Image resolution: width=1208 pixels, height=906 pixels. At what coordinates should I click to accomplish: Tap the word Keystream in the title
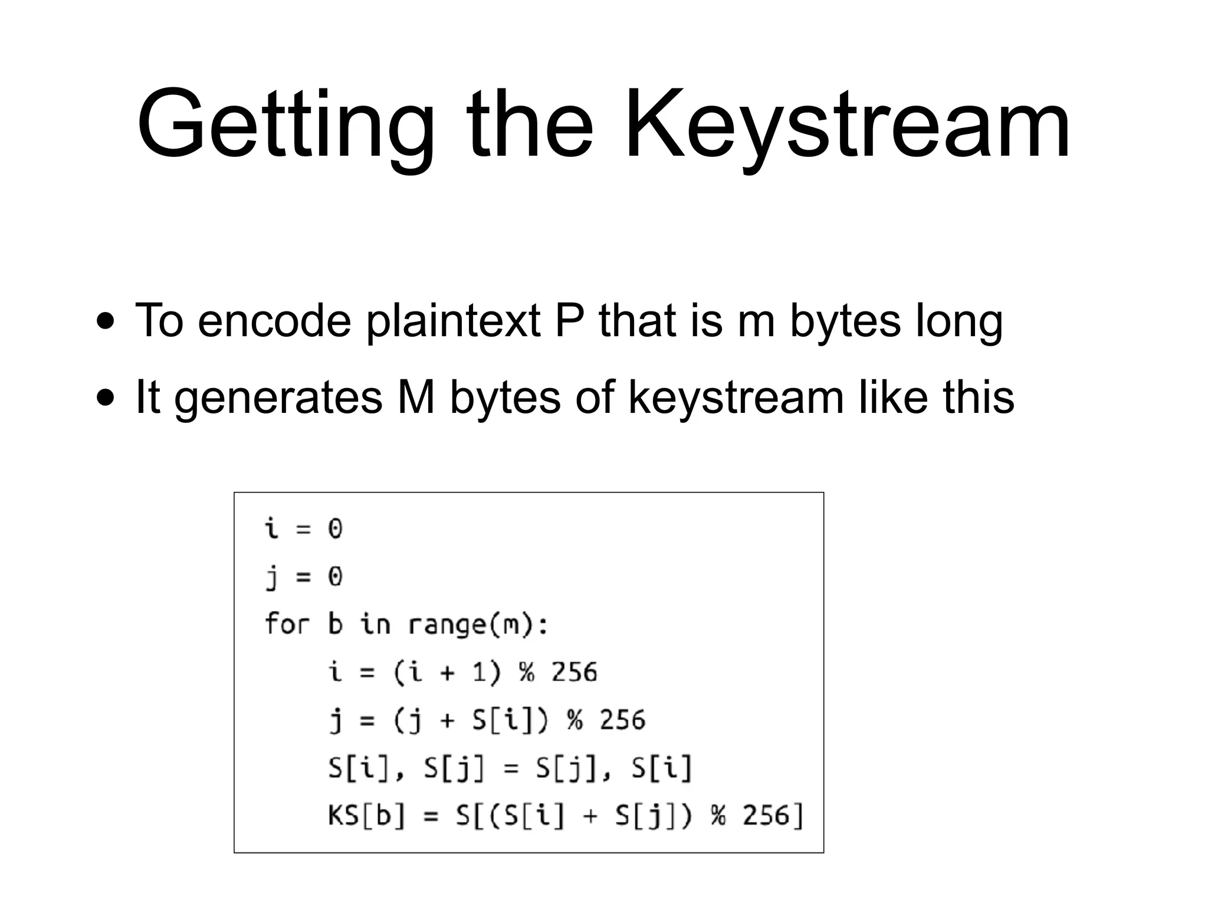click(x=847, y=125)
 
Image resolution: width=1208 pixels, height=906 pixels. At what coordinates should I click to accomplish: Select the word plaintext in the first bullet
click(x=452, y=321)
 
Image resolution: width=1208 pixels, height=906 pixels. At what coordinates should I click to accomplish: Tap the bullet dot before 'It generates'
click(x=106, y=398)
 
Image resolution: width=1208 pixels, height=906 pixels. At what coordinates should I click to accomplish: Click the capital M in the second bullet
click(x=416, y=397)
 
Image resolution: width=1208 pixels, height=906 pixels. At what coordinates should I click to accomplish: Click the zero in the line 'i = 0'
click(x=335, y=528)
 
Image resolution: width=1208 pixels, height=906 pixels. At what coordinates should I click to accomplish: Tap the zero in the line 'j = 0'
click(x=335, y=576)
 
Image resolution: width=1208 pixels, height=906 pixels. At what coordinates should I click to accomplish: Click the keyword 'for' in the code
click(x=287, y=623)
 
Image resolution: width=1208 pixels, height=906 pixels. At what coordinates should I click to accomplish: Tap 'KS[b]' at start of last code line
click(x=366, y=816)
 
